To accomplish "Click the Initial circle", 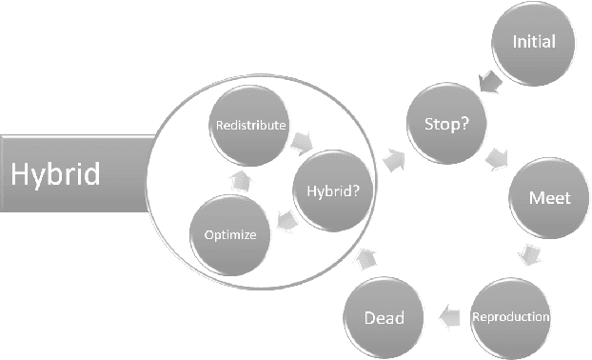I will coord(533,43).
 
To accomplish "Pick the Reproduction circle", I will coord(511,315).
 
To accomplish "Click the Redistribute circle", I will coord(248,125).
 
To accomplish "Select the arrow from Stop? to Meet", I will coord(498,158).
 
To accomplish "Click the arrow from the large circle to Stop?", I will coord(392,160).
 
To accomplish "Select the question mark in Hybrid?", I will coord(356,190).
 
